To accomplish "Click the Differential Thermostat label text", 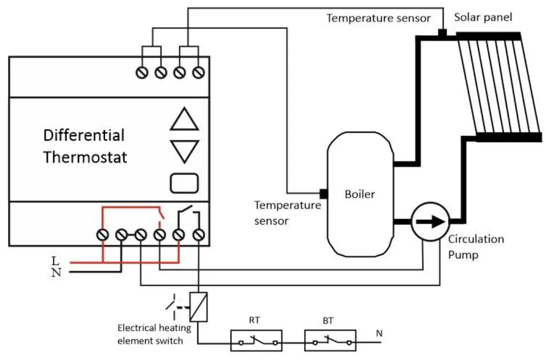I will [84, 146].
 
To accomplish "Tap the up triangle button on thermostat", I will [184, 120].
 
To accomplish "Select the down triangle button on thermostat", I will [184, 151].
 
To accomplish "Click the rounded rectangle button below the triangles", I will [184, 183].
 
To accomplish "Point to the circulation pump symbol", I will [430, 221].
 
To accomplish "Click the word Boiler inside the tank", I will [360, 194].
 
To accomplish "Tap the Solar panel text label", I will [483, 17].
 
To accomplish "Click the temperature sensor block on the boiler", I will [323, 193].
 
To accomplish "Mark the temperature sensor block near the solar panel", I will [442, 33].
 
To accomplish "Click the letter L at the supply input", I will [55, 260].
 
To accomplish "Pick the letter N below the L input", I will [56, 272].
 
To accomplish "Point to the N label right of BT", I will [379, 333].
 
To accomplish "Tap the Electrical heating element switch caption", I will [150, 334].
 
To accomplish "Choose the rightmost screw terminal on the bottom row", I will [199, 234].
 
